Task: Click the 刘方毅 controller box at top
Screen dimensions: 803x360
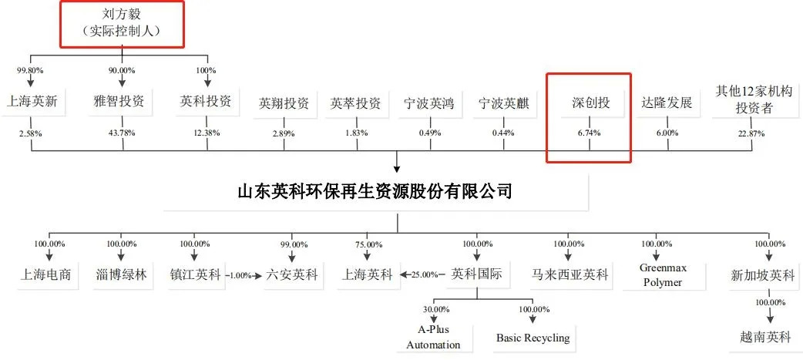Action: click(x=122, y=23)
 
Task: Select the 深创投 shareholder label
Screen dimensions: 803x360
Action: click(x=590, y=103)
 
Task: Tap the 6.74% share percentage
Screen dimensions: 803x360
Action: click(x=590, y=133)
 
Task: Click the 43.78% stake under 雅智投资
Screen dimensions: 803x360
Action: click(x=122, y=133)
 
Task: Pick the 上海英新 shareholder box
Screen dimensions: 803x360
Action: click(x=32, y=102)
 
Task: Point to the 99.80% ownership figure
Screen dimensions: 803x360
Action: click(x=30, y=70)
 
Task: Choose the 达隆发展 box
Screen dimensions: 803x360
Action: click(x=667, y=103)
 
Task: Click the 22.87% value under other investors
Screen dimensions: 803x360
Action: click(x=751, y=133)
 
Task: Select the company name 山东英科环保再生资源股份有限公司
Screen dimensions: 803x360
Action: click(x=375, y=192)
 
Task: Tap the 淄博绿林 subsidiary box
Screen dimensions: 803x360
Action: click(x=121, y=275)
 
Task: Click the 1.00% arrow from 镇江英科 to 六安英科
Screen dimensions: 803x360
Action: click(x=244, y=275)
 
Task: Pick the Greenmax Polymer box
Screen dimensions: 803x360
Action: click(x=662, y=275)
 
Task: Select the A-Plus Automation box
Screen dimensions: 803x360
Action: click(x=433, y=337)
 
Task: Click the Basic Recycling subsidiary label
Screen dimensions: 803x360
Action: click(x=533, y=338)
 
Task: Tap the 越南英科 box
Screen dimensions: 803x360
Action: click(x=765, y=338)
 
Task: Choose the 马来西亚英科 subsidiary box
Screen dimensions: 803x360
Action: click(x=570, y=275)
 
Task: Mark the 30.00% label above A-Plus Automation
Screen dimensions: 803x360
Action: click(x=436, y=309)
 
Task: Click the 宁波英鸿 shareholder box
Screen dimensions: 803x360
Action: click(x=430, y=103)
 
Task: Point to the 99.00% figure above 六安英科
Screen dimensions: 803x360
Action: click(x=292, y=244)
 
